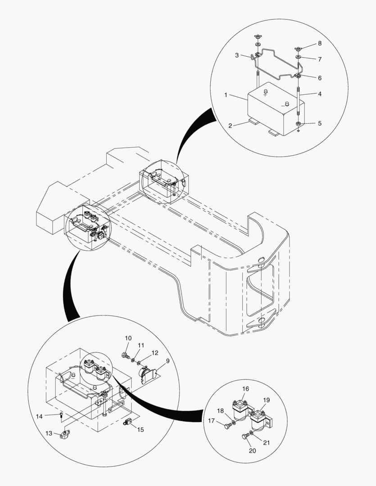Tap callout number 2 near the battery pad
230,126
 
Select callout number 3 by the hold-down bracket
237,55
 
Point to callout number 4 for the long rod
319,94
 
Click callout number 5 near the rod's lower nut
319,123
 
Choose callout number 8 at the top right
319,44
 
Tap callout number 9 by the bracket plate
168,360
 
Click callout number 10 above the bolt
128,338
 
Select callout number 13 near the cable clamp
49,433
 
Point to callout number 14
40,416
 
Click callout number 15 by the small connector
140,430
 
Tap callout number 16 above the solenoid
245,389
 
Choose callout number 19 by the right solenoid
267,400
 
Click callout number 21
266,442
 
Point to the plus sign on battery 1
265,95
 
